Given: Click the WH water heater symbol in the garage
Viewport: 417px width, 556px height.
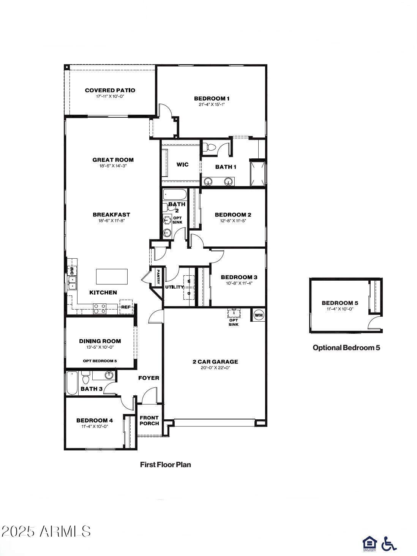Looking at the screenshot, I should (x=258, y=315).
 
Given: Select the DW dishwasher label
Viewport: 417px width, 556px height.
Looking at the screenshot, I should (x=71, y=271).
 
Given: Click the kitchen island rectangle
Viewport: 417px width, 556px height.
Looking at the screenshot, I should (x=112, y=276).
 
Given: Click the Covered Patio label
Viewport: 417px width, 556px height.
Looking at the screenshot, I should (x=110, y=90).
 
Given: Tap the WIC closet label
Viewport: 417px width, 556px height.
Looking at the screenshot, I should (x=182, y=164).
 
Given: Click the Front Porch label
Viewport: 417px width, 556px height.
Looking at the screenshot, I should (x=149, y=420).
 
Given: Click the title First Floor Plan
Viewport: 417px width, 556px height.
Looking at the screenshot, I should (x=166, y=464).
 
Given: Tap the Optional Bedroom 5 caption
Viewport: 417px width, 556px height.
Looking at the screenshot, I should (x=346, y=347).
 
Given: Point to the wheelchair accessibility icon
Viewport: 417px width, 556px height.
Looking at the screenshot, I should (x=389, y=543).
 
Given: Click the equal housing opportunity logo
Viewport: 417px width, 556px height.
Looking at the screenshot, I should (x=369, y=543).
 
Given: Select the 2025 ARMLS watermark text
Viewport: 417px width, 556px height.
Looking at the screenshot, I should (x=46, y=531).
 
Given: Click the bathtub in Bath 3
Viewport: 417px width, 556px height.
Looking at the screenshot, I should (x=71, y=383).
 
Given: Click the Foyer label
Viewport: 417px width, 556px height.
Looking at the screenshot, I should (x=148, y=378).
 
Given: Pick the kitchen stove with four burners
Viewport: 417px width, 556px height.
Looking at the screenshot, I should (x=100, y=308).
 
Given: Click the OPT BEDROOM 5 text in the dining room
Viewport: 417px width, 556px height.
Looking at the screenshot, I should (x=100, y=361).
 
